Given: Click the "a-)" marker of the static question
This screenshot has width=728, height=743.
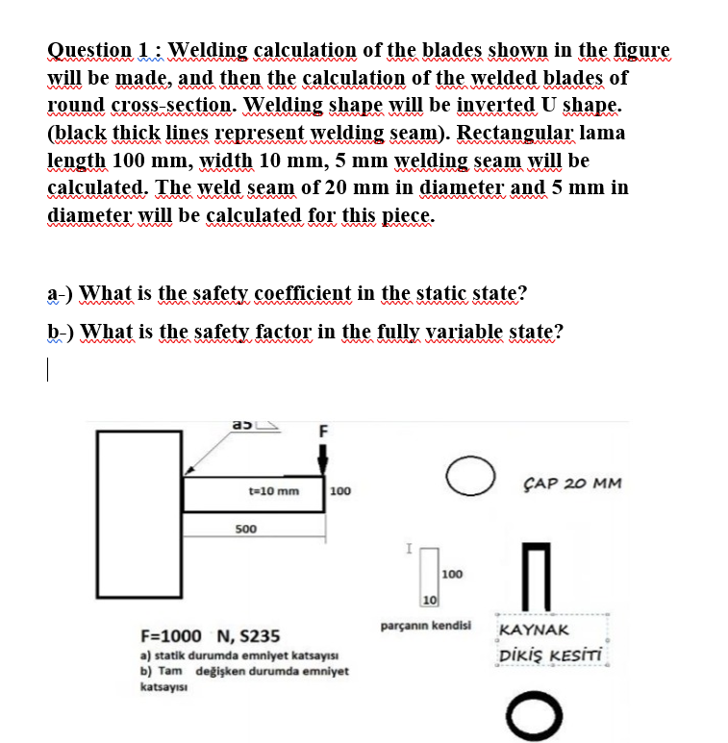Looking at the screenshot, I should coord(61,293).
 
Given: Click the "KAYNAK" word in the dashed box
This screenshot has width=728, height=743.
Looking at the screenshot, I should coord(537,632).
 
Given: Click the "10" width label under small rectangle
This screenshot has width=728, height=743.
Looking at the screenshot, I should coord(428,601).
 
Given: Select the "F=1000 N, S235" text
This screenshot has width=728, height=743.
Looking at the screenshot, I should coord(211,635).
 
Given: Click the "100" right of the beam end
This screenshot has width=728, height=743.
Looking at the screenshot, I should coord(339,492).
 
